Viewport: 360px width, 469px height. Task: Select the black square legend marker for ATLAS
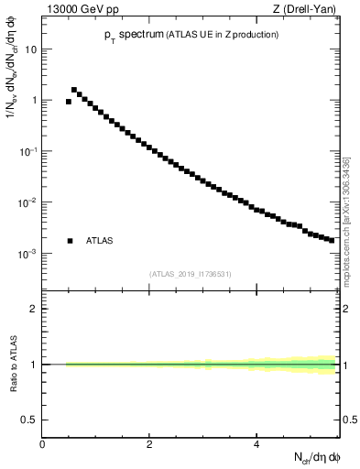pos(70,241)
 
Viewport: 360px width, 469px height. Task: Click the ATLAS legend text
pos(100,241)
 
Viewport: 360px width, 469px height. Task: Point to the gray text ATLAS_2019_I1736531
pos(191,273)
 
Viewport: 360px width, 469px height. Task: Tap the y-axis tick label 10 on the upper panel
pos(30,49)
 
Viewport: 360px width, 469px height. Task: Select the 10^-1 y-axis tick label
pos(28,151)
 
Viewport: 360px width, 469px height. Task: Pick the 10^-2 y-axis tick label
pos(28,202)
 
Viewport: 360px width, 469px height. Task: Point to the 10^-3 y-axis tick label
pos(28,253)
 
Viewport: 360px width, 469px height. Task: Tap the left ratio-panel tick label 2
pos(33,309)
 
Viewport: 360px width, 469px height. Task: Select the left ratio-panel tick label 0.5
pos(29,420)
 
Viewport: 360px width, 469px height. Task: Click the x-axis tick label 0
pos(42,444)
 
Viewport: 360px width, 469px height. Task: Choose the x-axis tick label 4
pos(256,444)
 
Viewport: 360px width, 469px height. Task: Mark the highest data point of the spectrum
pos(74,90)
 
